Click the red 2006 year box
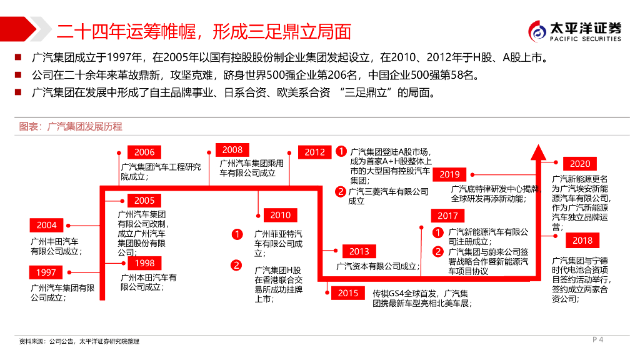coord(144,152)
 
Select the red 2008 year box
coord(232,150)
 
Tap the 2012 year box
coord(315,152)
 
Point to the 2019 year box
coord(449,174)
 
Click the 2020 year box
coord(580,164)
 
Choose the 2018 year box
coord(582,241)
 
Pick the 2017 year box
coord(447,216)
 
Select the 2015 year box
coord(348,292)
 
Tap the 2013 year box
coord(359,251)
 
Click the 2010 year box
coord(281,215)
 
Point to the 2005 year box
coord(144,201)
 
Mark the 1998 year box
coord(144,263)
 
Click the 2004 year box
coord(46,225)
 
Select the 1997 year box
coord(46,272)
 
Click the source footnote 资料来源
coord(78,341)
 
